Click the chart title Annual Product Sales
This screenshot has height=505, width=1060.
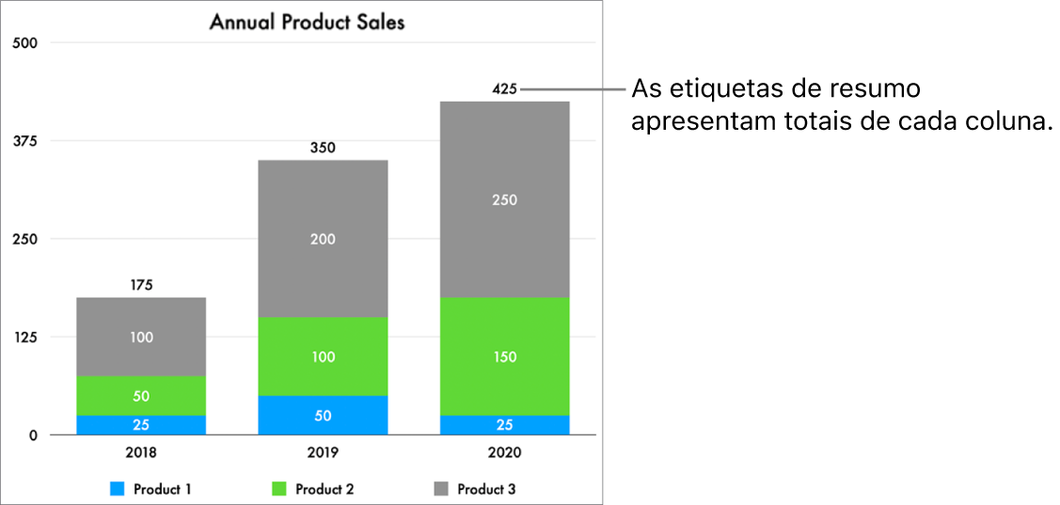[307, 22]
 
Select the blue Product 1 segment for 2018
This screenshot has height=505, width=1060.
[141, 425]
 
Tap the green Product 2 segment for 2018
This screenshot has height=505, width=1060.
[141, 396]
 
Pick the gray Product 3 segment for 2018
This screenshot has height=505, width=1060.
[141, 337]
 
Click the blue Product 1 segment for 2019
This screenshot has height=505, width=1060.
[323, 416]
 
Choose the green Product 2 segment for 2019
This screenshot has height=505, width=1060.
[323, 356]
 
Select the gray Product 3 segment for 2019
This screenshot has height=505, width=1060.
[323, 239]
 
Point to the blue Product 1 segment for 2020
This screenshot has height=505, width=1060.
[504, 425]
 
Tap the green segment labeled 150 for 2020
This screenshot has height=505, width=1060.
[504, 356]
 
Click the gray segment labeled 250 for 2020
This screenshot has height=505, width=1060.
[504, 199]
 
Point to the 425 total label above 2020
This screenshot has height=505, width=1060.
[504, 89]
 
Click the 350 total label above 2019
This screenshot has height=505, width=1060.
[323, 148]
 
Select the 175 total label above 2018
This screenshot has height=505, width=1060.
[141, 285]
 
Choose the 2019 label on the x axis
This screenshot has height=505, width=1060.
[323, 452]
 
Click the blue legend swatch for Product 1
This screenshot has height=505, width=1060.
[118, 489]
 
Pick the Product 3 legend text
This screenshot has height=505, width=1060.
[486, 489]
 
